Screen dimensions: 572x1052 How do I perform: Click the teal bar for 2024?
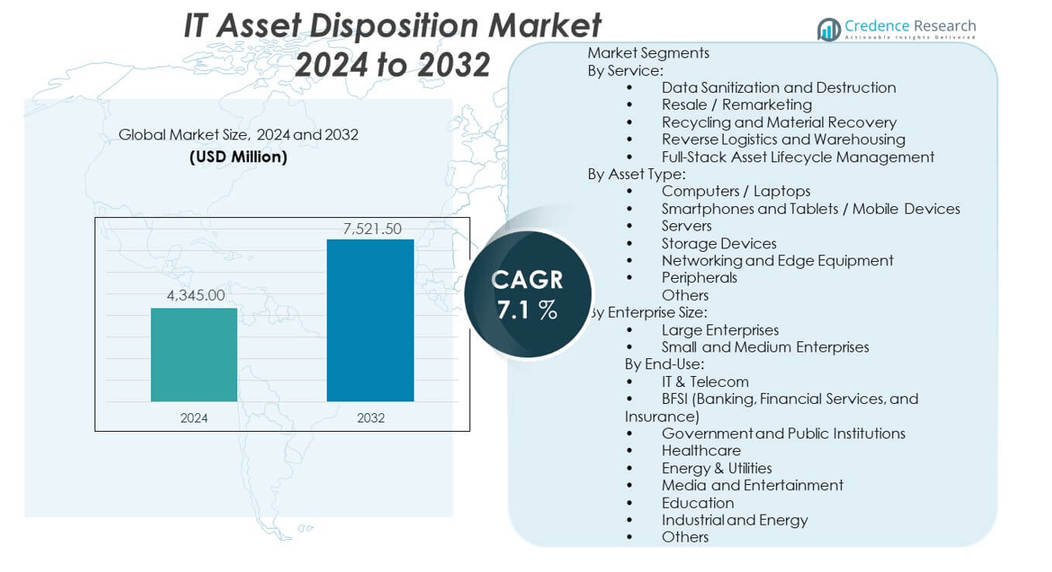tap(194, 355)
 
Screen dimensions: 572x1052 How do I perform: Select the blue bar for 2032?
tap(370, 320)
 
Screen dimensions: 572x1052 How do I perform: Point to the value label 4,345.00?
tap(194, 296)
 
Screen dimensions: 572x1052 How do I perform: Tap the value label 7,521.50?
tap(371, 229)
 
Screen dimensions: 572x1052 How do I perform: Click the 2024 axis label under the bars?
tap(194, 417)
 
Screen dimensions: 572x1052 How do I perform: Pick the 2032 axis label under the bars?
tap(371, 417)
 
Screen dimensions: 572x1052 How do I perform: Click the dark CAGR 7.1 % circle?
tap(528, 294)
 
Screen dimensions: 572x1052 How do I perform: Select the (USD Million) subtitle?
tap(238, 157)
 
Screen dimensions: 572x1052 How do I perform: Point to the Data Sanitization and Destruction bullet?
tap(778, 88)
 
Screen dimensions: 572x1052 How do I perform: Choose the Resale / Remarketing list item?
tap(736, 105)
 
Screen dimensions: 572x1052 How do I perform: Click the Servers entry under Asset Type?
tap(686, 226)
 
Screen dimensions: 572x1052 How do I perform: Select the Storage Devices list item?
tap(719, 243)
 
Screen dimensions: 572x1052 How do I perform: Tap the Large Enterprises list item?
tap(720, 330)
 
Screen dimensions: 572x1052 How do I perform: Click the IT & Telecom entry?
tap(705, 382)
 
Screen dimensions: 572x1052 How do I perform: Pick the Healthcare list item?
tap(701, 450)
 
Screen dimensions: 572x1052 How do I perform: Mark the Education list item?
tap(697, 503)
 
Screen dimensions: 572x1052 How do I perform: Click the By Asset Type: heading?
tap(637, 174)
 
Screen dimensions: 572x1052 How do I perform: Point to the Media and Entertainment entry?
tap(752, 485)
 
